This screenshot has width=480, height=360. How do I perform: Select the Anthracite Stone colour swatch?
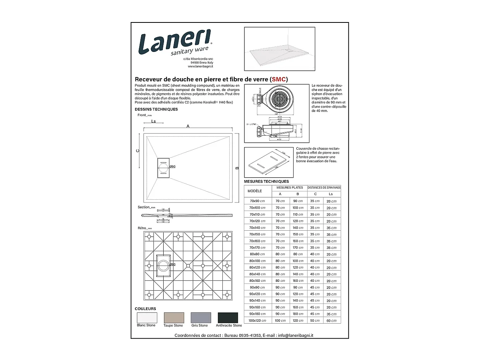228,317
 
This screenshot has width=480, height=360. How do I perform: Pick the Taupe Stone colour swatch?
174,317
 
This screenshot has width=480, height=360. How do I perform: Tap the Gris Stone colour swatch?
201,317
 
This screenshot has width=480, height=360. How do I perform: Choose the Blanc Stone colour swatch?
147,317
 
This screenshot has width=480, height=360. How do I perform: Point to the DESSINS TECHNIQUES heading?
156,109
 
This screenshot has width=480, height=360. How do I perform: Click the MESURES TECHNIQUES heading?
266,181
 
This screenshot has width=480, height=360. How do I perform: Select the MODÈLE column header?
255,191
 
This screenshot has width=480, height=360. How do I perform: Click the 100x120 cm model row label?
258,321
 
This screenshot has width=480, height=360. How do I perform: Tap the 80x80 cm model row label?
258,254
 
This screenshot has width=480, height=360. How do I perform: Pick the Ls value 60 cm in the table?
331,321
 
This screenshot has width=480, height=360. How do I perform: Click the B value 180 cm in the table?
298,314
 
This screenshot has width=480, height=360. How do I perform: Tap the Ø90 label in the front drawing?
173,166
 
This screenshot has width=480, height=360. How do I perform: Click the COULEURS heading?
145,309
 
